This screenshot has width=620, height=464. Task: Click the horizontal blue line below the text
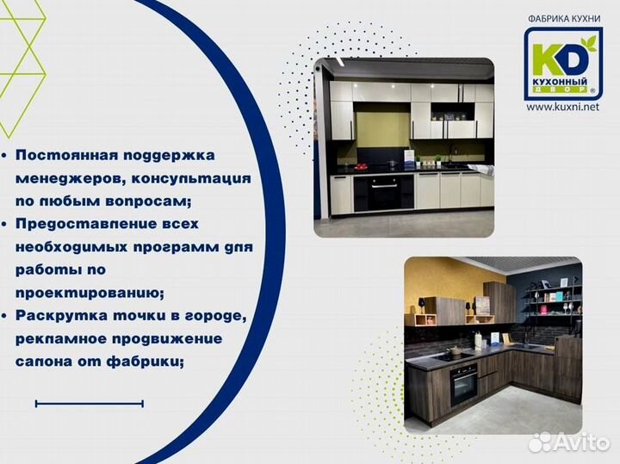pos(89,403)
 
